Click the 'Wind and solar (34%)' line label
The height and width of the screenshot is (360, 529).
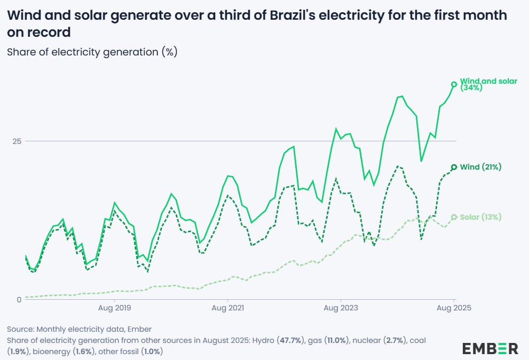pyautogui.click(x=481, y=84)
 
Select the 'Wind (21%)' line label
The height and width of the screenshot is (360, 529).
pyautogui.click(x=480, y=167)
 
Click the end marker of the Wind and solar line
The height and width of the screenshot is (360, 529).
pyautogui.click(x=454, y=84)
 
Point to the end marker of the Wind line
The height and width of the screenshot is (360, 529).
pyautogui.click(x=454, y=167)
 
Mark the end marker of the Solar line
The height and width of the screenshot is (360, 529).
pyautogui.click(x=454, y=217)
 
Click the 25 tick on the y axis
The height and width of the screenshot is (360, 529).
pyautogui.click(x=18, y=141)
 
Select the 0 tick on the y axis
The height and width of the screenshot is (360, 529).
pyautogui.click(x=19, y=299)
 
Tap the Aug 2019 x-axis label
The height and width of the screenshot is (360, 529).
pyautogui.click(x=114, y=308)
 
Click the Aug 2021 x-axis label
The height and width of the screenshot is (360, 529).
pyautogui.click(x=227, y=308)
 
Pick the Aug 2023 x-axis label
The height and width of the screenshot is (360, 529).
pyautogui.click(x=341, y=308)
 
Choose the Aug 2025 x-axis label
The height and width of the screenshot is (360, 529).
pyautogui.click(x=454, y=308)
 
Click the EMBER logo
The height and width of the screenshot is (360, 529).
pyautogui.click(x=489, y=349)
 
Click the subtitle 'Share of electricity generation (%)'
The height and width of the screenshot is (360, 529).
pyautogui.click(x=91, y=52)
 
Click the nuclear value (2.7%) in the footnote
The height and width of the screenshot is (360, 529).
pyautogui.click(x=394, y=340)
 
